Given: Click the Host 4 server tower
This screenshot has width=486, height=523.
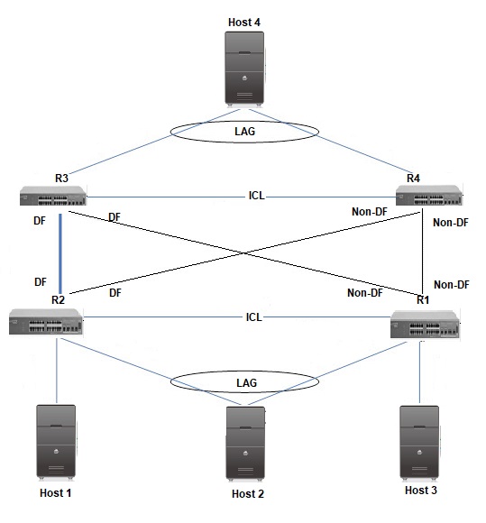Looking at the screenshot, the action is tap(245, 69).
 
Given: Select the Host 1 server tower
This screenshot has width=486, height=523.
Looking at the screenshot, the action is tap(56, 442).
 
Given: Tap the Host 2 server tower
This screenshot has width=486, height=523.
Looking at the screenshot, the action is tap(246, 444).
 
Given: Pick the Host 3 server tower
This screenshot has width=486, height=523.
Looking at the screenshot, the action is tap(419, 444).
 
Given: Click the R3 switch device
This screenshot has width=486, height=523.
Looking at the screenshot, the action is tap(53, 196).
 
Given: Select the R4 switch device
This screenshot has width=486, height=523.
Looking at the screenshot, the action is tap(429, 195).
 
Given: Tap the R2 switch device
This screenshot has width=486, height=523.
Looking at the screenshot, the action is tap(46, 322).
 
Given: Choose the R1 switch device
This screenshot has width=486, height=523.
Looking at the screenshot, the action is tap(426, 325).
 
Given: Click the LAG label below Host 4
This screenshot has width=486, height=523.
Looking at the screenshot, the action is tap(245, 132).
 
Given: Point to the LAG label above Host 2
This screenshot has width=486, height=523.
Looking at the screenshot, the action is tap(246, 383).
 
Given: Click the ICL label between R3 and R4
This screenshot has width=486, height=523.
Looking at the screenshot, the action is tap(256, 196).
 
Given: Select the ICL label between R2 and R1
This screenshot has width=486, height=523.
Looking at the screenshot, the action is tap(254, 317).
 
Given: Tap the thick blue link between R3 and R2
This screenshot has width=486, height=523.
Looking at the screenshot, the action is tap(60, 253).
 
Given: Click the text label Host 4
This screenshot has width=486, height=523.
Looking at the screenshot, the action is tap(244, 23).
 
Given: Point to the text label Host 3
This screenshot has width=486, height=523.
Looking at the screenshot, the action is tap(420, 491).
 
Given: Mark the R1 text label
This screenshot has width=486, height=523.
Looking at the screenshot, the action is tap(423, 300).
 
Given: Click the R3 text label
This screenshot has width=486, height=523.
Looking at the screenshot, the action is tap(61, 179).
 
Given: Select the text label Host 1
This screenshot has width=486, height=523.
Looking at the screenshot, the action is tap(55, 493).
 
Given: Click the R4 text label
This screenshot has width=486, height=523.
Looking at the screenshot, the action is tap(413, 179).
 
